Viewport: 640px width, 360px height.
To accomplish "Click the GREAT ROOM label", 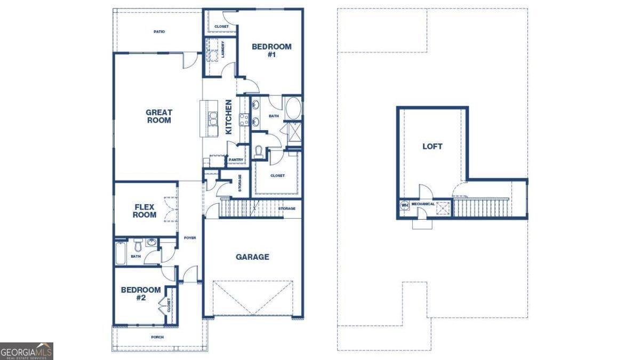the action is click(x=159, y=116).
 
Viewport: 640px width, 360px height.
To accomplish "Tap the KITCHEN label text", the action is click(x=229, y=117).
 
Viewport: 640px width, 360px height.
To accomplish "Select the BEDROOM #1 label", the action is click(x=271, y=50).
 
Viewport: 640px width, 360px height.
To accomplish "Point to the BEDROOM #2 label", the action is click(x=141, y=294).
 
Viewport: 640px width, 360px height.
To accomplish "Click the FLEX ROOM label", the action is click(x=145, y=211).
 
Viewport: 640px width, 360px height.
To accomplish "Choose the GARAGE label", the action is click(x=252, y=257).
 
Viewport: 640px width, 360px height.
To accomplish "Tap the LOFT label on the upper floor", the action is click(x=433, y=147).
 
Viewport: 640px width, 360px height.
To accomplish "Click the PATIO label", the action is click(x=159, y=31).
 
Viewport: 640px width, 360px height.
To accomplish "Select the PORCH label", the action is click(x=157, y=337).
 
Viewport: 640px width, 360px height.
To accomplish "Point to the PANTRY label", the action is click(x=236, y=159).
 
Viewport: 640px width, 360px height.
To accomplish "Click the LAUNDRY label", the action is click(x=223, y=50).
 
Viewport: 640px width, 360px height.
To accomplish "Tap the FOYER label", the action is click(x=190, y=238).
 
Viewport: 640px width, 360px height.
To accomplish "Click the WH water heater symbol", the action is click(x=405, y=205).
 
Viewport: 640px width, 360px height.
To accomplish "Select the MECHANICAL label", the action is click(x=423, y=204).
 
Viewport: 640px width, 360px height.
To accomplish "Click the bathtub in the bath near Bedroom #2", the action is click(x=121, y=254).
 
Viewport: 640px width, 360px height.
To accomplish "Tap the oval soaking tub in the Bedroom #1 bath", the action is click(x=293, y=109).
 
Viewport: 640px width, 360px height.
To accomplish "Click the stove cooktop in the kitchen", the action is click(x=244, y=119).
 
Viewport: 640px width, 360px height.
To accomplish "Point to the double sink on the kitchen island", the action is click(x=213, y=119).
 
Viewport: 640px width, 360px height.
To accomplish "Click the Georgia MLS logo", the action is click(x=26, y=351).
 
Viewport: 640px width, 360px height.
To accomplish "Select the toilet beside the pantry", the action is click(x=258, y=151).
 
